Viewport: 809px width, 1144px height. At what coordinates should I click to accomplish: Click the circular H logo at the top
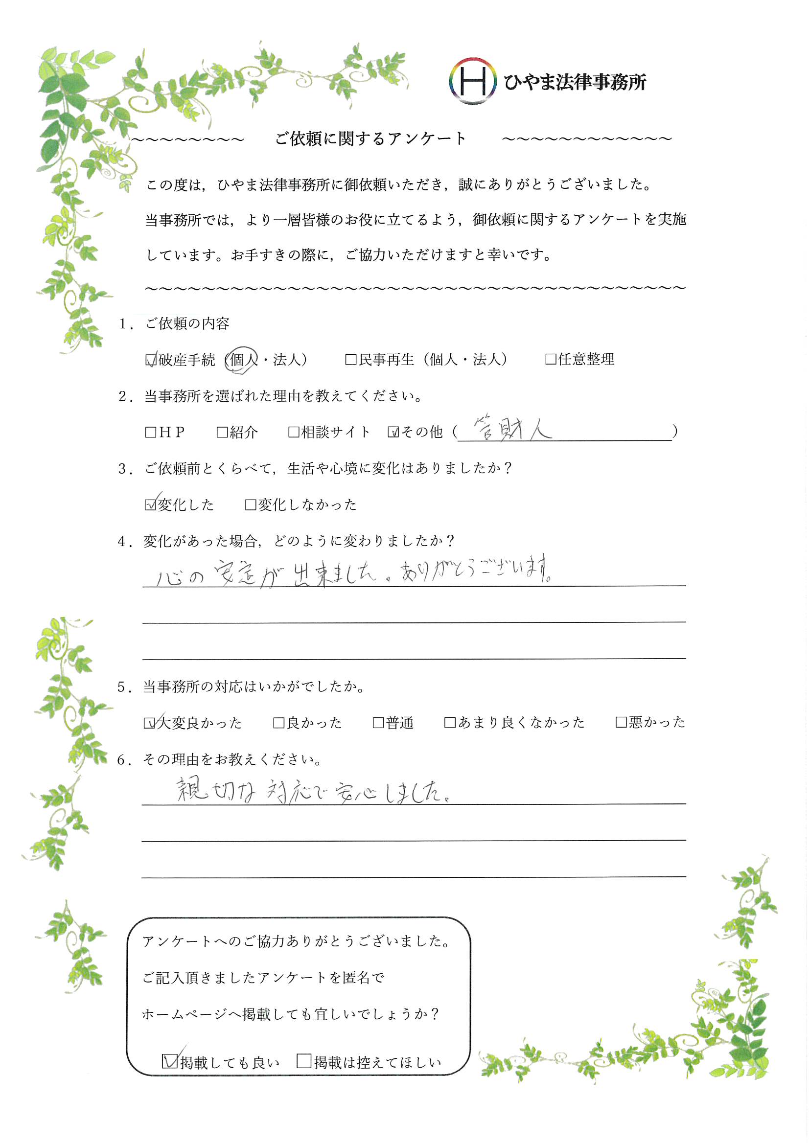(472, 81)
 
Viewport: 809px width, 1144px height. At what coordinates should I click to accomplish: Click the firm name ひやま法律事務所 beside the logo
(574, 82)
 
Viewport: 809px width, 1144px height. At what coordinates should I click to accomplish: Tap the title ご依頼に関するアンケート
(370, 138)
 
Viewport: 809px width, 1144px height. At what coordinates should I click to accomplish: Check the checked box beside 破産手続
(151, 360)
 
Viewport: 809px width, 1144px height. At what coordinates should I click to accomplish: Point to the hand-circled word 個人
(242, 359)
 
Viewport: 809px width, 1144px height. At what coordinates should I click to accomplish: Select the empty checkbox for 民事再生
(351, 360)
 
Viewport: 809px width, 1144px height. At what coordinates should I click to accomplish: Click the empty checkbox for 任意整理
(551, 359)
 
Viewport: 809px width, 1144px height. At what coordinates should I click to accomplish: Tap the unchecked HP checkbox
(151, 432)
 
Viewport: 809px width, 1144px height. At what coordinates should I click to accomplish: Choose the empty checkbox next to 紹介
(222, 432)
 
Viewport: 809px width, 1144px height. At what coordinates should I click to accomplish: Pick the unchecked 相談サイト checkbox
(294, 432)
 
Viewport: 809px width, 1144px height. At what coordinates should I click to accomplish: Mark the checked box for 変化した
(151, 505)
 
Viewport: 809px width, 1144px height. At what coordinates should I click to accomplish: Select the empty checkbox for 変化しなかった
(251, 505)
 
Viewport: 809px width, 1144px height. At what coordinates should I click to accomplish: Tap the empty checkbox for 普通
(378, 723)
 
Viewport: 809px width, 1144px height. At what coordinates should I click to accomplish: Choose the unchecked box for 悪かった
(621, 723)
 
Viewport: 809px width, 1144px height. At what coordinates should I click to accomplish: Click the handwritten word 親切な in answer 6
(216, 791)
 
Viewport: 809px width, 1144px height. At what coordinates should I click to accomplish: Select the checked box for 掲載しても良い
(169, 1062)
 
